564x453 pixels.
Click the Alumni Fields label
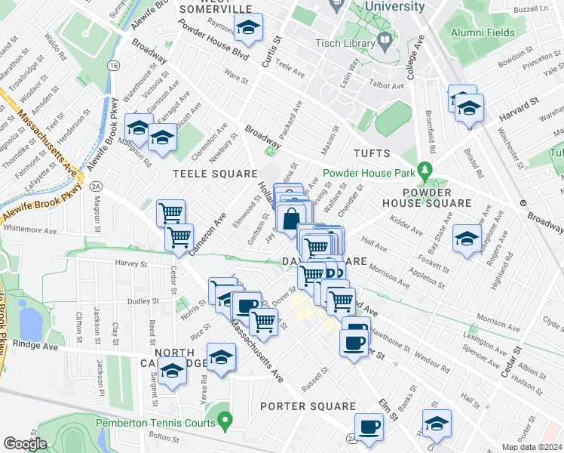point(483,32)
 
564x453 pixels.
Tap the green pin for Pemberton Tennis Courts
point(224,418)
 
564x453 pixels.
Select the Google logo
point(25,444)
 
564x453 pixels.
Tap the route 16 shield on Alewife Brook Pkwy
point(113,66)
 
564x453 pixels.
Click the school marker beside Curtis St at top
point(247,29)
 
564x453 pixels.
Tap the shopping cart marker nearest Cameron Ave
point(179,237)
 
